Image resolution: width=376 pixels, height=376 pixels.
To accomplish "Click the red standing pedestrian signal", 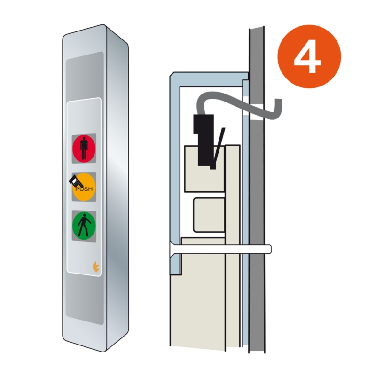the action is click(x=84, y=149).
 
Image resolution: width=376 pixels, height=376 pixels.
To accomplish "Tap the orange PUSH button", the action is click(x=84, y=187).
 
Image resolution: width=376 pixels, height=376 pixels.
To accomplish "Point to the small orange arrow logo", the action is click(x=96, y=266).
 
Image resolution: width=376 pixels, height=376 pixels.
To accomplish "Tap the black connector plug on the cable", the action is click(x=204, y=140).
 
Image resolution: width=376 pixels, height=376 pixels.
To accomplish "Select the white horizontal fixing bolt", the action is click(x=220, y=249).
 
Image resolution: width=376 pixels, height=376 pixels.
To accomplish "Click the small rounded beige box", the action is click(x=209, y=215).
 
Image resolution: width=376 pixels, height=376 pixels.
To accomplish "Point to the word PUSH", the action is click(x=84, y=189).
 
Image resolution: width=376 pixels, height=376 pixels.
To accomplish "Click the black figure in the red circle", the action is click(x=84, y=148).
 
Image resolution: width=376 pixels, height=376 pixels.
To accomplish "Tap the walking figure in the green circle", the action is click(x=84, y=226).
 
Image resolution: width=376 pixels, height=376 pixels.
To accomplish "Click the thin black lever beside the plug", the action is click(x=218, y=148).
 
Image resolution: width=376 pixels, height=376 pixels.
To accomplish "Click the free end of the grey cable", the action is click(x=279, y=101).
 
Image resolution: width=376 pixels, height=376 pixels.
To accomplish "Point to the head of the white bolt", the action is click(x=172, y=250).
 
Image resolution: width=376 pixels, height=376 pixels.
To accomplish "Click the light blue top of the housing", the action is click(x=209, y=79).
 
